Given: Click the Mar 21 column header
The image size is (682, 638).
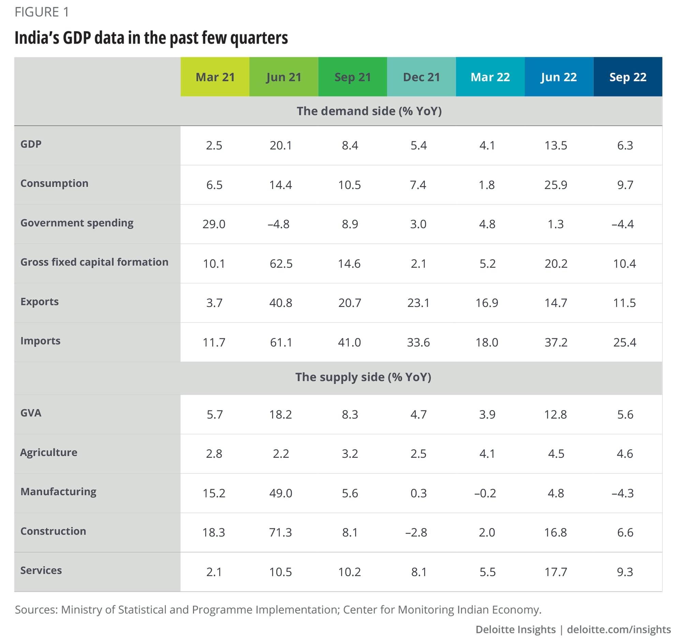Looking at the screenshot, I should (215, 77).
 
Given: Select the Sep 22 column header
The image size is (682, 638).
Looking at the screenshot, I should (627, 77).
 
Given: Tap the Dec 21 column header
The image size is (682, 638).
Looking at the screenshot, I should (421, 77).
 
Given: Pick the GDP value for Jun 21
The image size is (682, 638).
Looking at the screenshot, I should (281, 146).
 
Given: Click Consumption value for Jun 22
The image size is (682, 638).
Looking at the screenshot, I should (556, 185).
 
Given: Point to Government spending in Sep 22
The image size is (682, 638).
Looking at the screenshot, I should (623, 224).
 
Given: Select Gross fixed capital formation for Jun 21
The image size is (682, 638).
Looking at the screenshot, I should (281, 264).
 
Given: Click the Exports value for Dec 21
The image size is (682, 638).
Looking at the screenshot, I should (418, 303).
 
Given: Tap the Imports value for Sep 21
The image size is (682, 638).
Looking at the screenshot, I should (349, 342).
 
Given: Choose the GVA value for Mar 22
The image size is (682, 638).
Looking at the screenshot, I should (487, 415).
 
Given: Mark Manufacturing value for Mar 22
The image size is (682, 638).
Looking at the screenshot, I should (485, 493).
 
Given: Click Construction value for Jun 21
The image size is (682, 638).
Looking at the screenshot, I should (281, 532).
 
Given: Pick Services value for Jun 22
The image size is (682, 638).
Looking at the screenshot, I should (556, 572).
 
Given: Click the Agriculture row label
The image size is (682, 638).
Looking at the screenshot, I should (49, 452).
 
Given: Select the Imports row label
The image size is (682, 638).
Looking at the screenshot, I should (41, 341).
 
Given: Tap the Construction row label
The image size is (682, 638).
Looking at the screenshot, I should (53, 531).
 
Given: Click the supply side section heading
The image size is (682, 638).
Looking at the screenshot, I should (363, 377).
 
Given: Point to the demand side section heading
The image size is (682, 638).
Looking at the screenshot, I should (369, 111).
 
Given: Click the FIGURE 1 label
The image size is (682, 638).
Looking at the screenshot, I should (42, 12).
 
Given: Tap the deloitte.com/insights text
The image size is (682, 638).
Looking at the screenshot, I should (619, 629).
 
